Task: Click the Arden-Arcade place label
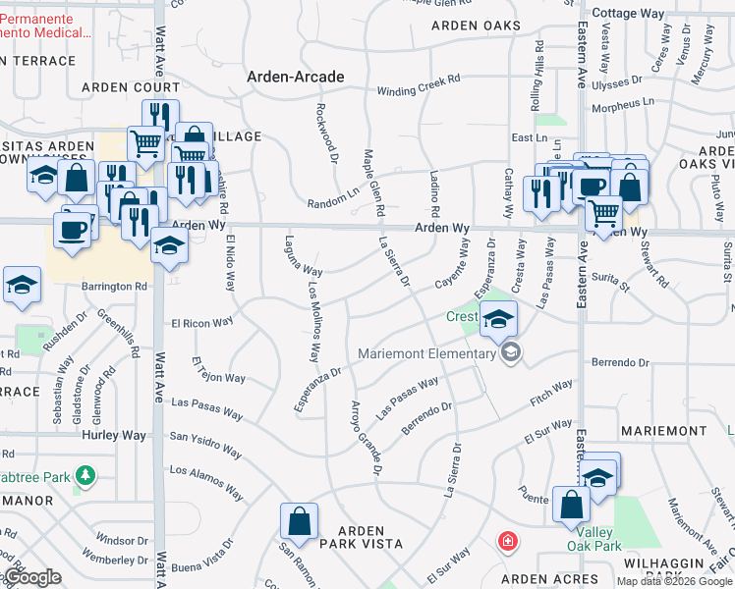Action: pyautogui.click(x=295, y=76)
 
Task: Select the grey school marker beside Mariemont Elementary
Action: pyautogui.click(x=509, y=352)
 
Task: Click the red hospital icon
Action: pyautogui.click(x=507, y=541)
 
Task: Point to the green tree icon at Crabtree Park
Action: pyautogui.click(x=86, y=477)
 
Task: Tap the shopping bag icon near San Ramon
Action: pyautogui.click(x=299, y=521)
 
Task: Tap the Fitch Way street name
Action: pyautogui.click(x=551, y=393)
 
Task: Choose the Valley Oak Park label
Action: pyautogui.click(x=594, y=538)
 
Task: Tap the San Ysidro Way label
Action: pyautogui.click(x=205, y=444)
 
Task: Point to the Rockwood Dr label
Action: pyautogui.click(x=328, y=131)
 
